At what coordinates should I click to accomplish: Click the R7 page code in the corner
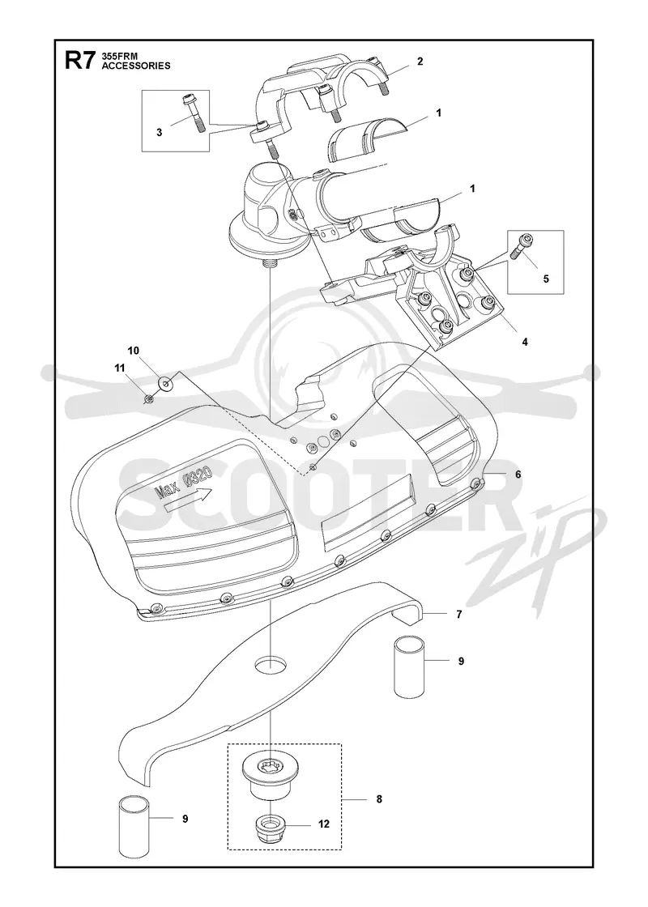79,60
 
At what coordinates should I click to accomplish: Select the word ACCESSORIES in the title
136,66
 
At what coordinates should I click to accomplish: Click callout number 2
420,62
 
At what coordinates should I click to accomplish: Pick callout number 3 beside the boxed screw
159,133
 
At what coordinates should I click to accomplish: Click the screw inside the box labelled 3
194,113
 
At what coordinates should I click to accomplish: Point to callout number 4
525,342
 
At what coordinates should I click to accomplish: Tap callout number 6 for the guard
518,475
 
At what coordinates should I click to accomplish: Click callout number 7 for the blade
458,615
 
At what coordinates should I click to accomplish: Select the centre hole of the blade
271,665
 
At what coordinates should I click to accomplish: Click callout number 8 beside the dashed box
379,799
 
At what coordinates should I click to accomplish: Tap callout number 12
323,824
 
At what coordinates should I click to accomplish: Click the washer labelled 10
168,381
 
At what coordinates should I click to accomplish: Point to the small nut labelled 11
149,398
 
